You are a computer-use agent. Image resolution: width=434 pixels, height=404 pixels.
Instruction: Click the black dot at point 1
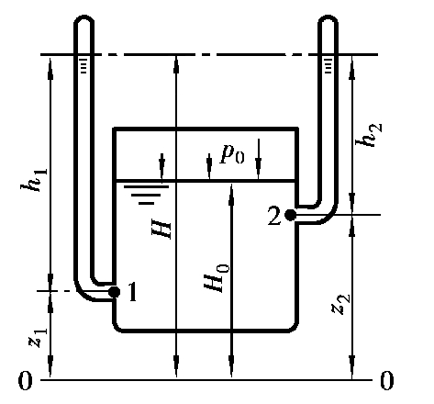point(115,292)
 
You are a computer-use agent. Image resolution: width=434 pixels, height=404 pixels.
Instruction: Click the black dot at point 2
point(290,215)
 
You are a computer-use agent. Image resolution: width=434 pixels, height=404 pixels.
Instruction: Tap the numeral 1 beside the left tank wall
point(132,292)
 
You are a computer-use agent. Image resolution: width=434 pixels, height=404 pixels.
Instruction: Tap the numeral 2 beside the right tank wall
point(274,217)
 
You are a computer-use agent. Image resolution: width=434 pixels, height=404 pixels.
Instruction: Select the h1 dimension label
point(34,180)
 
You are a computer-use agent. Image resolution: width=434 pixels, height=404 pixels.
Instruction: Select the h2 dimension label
point(369,135)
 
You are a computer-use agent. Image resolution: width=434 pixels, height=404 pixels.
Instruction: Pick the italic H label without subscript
point(161,230)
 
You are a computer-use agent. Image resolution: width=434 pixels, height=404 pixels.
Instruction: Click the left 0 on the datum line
point(25,381)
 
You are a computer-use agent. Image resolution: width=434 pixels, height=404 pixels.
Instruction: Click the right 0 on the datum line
point(387,381)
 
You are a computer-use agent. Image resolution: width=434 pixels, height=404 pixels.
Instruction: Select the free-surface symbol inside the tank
point(146,195)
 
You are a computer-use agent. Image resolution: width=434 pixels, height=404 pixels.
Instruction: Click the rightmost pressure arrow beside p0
point(259,159)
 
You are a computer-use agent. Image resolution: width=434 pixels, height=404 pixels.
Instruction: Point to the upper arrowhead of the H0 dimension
point(231,191)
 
